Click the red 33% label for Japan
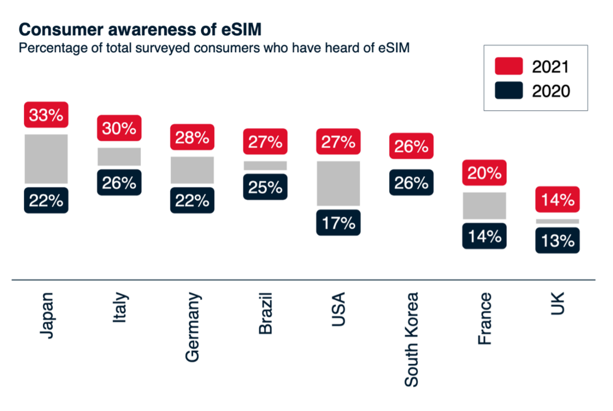point(46,115)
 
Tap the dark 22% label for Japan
point(46,200)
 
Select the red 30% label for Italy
point(119,128)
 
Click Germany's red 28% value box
point(192,137)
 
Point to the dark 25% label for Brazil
point(265,187)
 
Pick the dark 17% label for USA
point(338,223)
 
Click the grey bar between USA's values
point(338,183)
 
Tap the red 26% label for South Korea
point(411,146)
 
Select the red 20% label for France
point(484,173)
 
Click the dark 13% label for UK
point(557,240)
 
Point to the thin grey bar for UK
point(557,221)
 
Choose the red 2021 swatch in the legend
point(509,66)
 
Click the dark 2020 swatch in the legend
point(509,91)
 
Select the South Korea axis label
point(411,339)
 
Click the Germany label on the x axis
point(192,327)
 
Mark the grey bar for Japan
point(46,159)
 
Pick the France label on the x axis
point(484,319)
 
